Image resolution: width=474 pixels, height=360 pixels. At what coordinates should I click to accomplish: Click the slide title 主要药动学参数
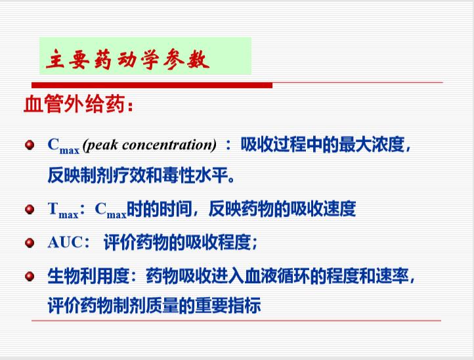pos(127,59)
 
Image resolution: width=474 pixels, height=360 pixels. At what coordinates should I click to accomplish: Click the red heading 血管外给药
pos(74,104)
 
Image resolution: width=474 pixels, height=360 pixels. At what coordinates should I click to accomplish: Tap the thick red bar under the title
pos(152,85)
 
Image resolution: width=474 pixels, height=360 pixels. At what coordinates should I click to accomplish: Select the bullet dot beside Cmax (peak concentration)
pos(30,145)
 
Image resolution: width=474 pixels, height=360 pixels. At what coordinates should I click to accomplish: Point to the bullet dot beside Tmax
pos(30,209)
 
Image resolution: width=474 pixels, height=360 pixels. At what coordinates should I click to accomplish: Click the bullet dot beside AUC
pos(30,242)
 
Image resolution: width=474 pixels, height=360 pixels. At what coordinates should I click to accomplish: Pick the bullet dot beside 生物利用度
pos(30,276)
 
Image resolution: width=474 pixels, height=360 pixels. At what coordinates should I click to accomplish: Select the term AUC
pos(65,242)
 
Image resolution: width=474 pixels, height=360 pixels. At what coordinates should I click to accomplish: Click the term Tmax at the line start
pos(63,210)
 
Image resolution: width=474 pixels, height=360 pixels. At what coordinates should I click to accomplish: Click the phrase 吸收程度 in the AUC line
pos(218,242)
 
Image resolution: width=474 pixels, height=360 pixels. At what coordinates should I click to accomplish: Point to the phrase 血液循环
pos(277,276)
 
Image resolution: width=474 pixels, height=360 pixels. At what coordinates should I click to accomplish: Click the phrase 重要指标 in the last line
pos(228,305)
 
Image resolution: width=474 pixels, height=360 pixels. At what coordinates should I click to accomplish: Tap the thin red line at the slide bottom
pos(236,321)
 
